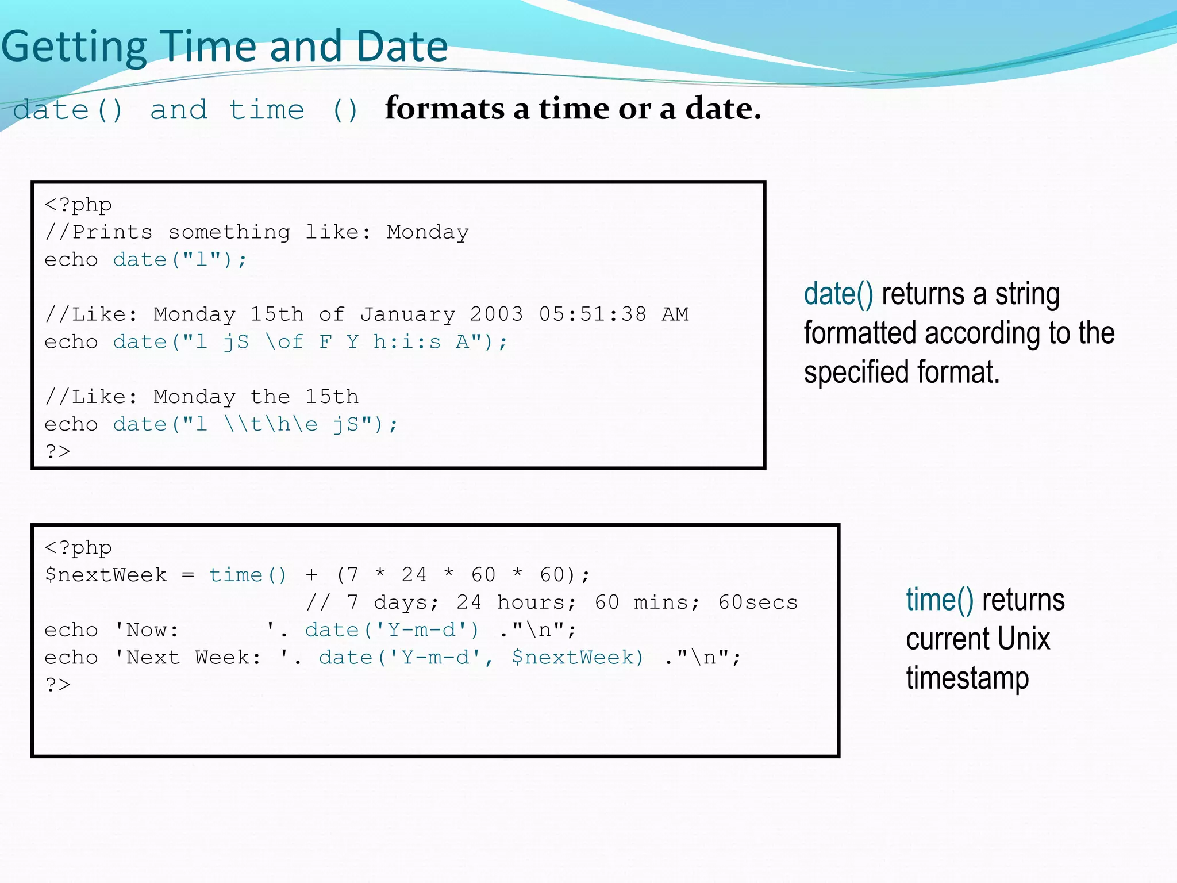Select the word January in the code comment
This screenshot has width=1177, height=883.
[407, 314]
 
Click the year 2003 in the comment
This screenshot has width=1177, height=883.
[497, 314]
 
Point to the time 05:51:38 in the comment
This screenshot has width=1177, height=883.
[593, 314]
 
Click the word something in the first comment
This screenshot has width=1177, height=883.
[229, 232]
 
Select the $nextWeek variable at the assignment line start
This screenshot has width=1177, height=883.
[106, 575]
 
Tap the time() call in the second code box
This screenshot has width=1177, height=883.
[248, 575]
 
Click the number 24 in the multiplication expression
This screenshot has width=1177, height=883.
[414, 575]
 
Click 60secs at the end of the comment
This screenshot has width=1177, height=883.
[757, 602]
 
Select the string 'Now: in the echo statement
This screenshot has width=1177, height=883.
[147, 630]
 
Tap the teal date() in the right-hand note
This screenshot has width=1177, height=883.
[838, 294]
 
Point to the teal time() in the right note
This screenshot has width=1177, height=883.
[940, 600]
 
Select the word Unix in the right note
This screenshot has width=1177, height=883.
[1024, 639]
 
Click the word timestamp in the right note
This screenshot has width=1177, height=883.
[967, 678]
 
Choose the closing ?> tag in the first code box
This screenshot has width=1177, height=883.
[58, 451]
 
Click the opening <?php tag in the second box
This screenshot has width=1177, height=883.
[78, 548]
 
